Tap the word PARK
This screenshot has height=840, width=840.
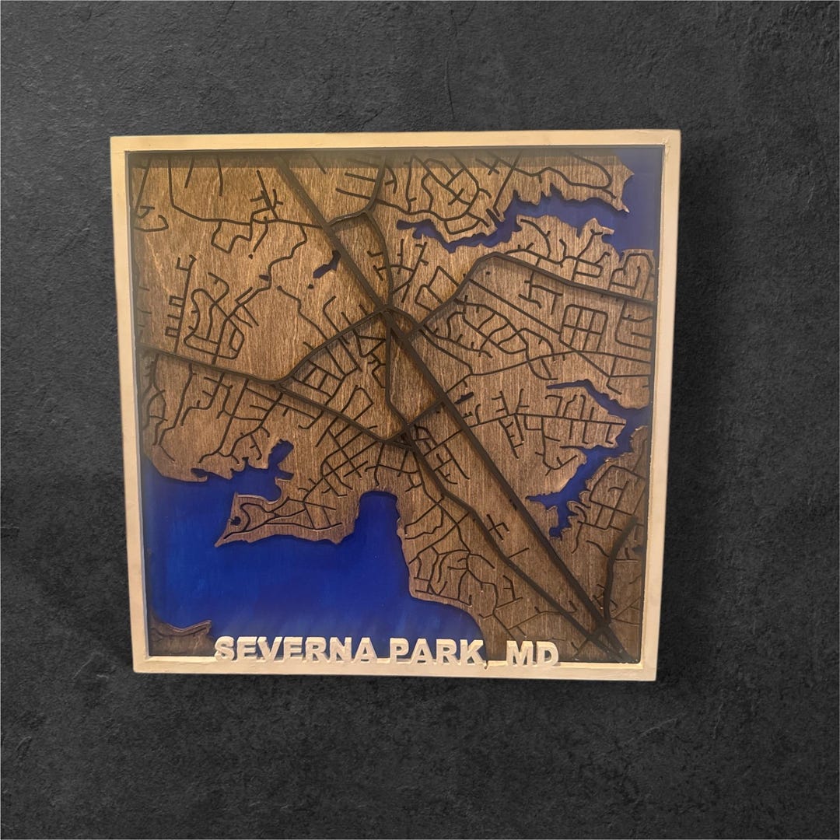point(436,651)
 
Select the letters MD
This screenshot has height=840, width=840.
point(533,653)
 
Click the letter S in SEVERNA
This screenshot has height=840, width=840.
point(225,649)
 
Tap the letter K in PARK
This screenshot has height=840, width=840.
point(471,652)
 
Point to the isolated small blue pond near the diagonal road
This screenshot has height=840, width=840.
point(327,265)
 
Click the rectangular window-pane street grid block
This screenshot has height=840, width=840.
point(584,327)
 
